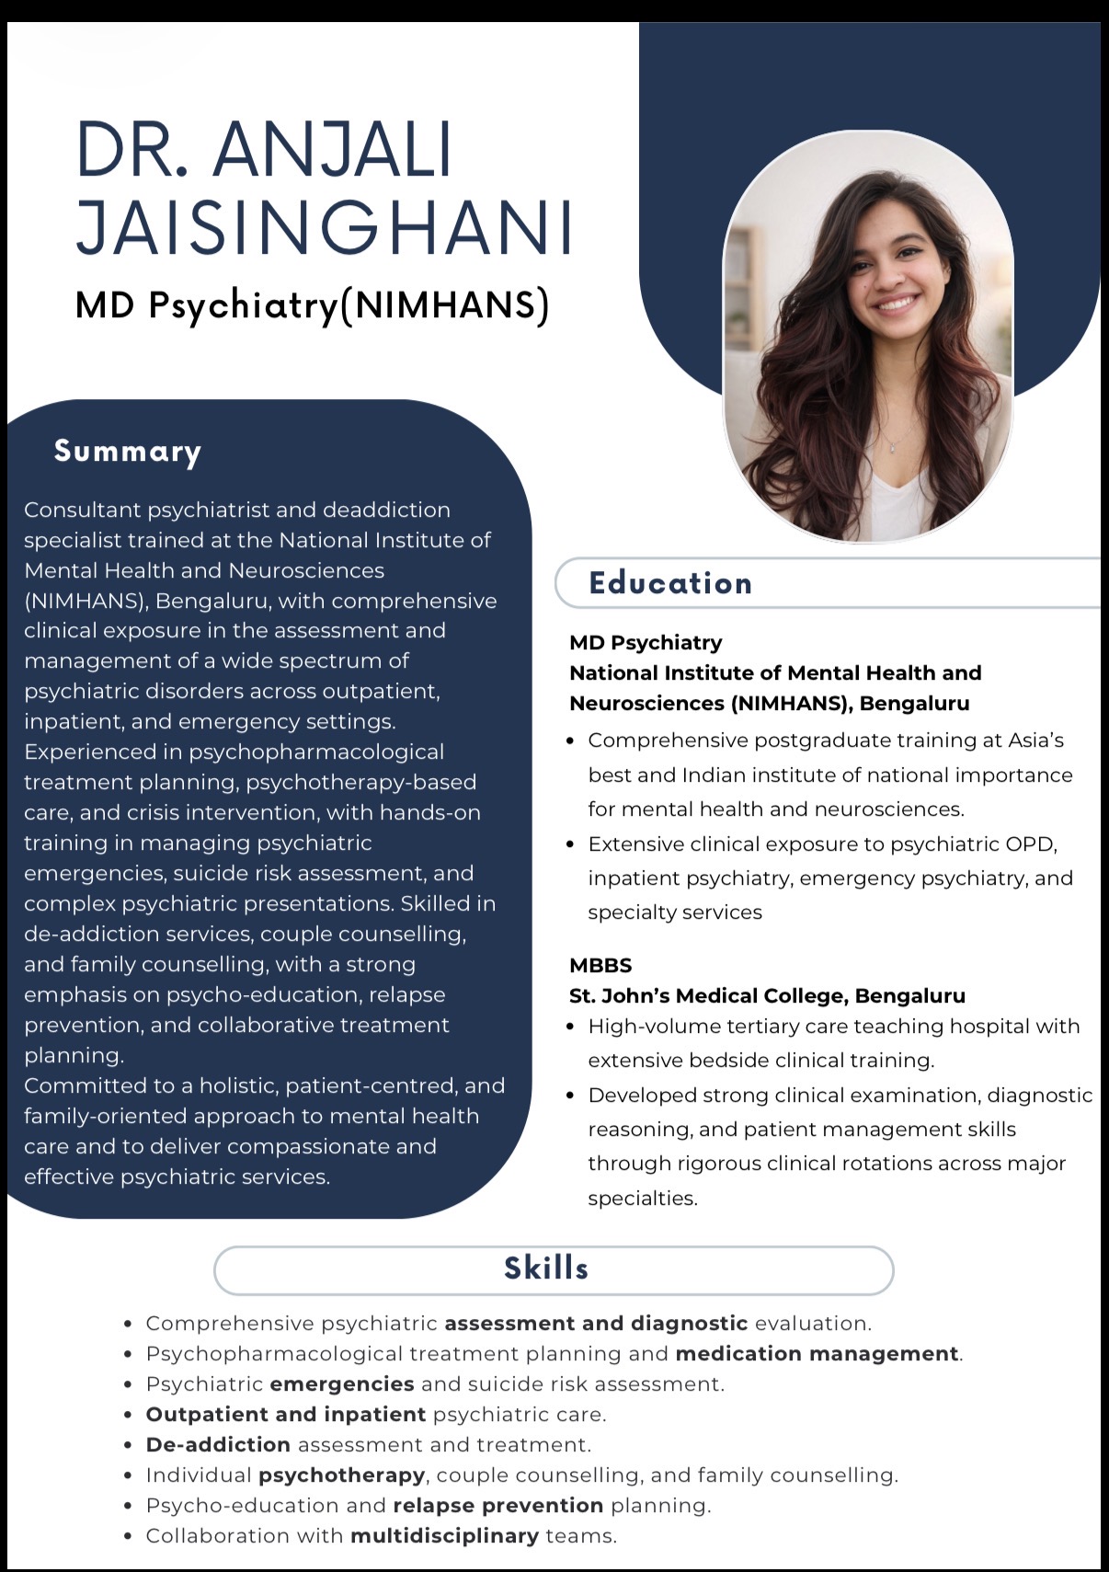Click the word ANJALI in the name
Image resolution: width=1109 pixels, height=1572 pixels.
coord(333,149)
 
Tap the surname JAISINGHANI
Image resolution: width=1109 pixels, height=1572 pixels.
coord(325,226)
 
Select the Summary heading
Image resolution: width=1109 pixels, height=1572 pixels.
coord(128,451)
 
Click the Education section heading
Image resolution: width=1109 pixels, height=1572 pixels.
coord(670,583)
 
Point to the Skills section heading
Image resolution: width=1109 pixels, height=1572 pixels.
coord(546,1268)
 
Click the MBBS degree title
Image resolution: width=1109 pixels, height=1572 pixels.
coord(600,965)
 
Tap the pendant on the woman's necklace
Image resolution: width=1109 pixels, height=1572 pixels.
coord(891,448)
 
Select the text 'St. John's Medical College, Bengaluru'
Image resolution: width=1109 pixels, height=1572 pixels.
coord(767,995)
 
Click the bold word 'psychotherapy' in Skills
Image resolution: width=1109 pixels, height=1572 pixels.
coord(341,1475)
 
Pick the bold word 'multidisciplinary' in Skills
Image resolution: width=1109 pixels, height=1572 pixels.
coord(444,1536)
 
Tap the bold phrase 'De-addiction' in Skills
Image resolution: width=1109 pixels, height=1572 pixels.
coord(218,1445)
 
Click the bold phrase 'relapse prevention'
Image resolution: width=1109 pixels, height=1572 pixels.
coord(497,1506)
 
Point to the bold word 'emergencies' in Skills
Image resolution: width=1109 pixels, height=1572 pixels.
coord(342,1384)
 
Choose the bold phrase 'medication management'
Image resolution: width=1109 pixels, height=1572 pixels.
coord(817,1354)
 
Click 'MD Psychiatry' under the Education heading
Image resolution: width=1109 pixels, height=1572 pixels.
coord(646,642)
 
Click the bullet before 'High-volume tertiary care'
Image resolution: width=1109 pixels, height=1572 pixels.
coord(571,1027)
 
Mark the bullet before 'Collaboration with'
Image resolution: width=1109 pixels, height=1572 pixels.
coord(129,1536)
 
